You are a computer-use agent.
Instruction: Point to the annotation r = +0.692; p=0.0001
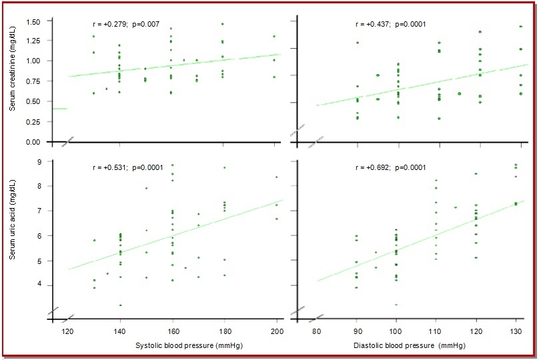point(388,168)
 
